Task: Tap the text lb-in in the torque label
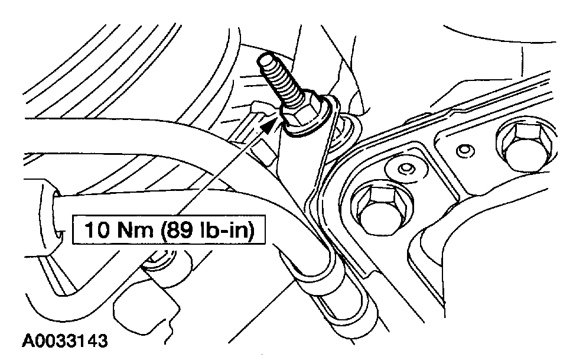point(226,229)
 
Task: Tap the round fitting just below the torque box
point(158,259)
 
